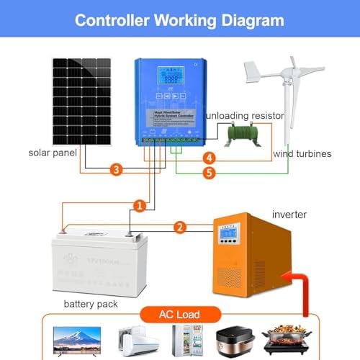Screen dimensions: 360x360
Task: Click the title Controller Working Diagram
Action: click(x=179, y=20)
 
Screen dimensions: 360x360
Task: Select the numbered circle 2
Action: click(x=180, y=228)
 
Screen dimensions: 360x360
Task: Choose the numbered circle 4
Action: click(x=209, y=158)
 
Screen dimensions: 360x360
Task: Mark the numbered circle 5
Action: click(x=209, y=173)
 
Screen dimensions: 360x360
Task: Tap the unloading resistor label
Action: click(x=245, y=115)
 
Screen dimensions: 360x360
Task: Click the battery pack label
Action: click(x=89, y=304)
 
